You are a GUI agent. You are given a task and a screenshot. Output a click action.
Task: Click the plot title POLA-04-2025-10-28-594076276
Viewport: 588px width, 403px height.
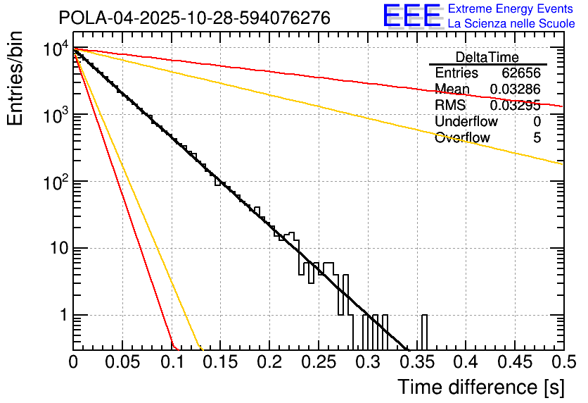tap(194, 18)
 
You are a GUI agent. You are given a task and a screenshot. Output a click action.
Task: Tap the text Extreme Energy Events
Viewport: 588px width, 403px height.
tap(511, 9)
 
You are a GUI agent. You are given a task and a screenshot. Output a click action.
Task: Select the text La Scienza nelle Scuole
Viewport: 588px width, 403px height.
tap(511, 23)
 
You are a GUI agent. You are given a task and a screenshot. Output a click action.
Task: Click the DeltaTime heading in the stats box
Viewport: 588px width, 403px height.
tap(487, 57)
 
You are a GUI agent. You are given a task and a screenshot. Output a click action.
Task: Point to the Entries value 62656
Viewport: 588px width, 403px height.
tap(521, 73)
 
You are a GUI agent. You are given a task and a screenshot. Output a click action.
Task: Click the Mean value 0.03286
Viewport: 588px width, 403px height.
tap(516, 89)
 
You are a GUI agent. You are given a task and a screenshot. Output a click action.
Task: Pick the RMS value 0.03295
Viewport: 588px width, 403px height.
tap(516, 105)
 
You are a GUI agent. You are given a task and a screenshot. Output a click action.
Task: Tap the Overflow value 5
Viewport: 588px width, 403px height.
tap(537, 138)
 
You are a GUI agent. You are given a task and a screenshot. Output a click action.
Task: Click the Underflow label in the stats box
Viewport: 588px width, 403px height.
tap(466, 121)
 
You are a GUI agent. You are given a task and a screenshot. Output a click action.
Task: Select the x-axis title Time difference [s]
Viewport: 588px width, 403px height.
tap(480, 387)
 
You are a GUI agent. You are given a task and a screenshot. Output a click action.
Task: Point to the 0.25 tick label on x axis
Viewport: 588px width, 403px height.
tap(318, 363)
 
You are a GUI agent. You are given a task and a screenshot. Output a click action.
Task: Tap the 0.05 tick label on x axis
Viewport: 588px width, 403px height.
tap(122, 363)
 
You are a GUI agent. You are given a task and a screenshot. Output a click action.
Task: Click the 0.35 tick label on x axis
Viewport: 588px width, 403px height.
tap(416, 363)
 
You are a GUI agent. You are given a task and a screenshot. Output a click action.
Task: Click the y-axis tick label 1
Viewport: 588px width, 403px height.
tap(62, 316)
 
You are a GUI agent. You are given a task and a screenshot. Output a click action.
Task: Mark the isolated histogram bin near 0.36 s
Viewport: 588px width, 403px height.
tap(424, 331)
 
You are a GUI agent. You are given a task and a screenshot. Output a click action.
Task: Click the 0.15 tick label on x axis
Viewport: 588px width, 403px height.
tap(219, 363)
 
